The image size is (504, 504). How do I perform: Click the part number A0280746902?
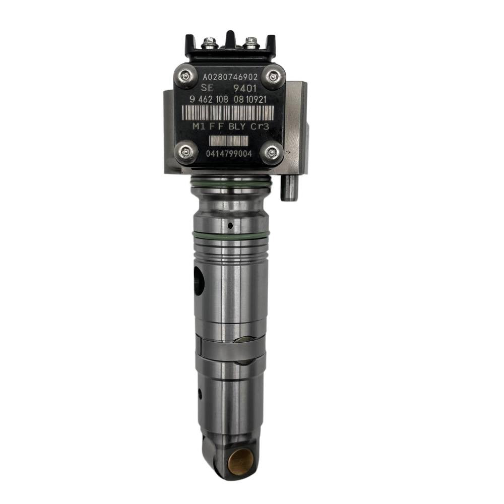pyautogui.click(x=230, y=77)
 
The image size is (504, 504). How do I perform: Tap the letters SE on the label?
pyautogui.click(x=207, y=88)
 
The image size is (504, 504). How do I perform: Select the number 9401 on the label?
pyautogui.click(x=245, y=88)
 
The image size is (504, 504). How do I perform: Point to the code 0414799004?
pyautogui.click(x=229, y=154)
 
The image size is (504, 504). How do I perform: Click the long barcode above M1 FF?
pyautogui.click(x=228, y=113)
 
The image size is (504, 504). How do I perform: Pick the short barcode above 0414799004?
pyautogui.click(x=228, y=141)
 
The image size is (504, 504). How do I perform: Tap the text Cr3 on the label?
pyautogui.click(x=260, y=127)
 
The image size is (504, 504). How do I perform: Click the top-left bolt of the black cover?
pyautogui.click(x=186, y=76)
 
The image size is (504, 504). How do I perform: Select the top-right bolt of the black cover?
pyautogui.click(x=273, y=76)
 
